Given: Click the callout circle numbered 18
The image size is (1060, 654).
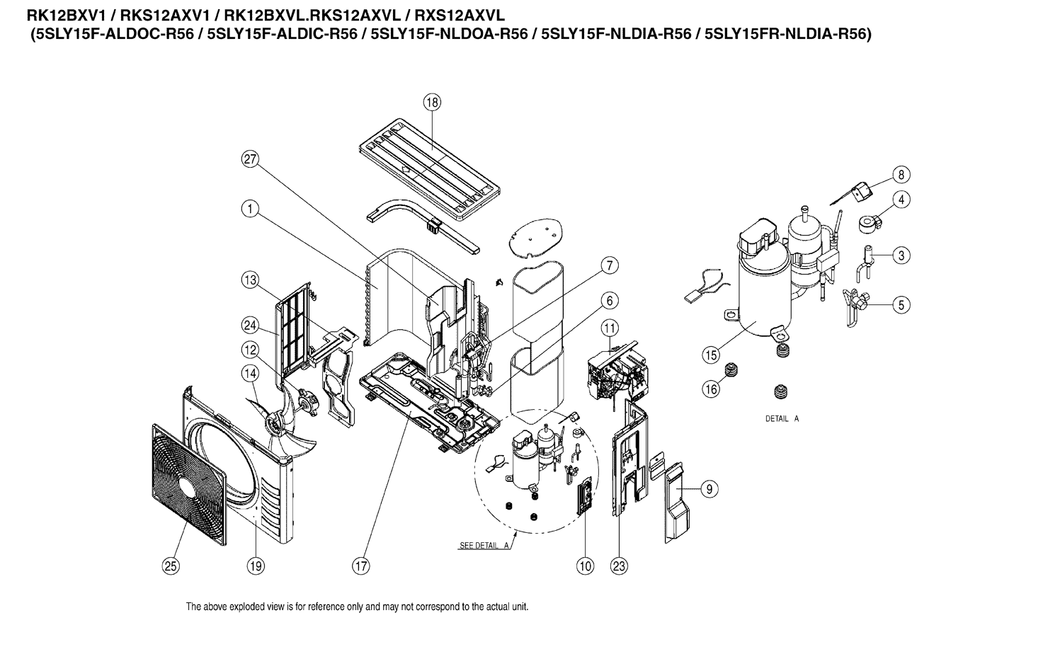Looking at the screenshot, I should coord(432,103).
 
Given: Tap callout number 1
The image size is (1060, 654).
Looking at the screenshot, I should coord(249,209).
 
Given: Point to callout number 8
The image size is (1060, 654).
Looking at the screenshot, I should coord(901,174).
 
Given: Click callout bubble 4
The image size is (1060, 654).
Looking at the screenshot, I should coord(901,200).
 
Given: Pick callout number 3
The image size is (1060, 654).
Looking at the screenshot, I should coord(901,256).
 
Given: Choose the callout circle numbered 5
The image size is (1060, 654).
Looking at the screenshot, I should coord(901,305).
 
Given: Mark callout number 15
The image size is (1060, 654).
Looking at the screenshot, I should coord(712,353).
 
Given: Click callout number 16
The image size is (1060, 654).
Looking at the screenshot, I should coord(712,389).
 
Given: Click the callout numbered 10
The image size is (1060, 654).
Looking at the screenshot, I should coord(585,566).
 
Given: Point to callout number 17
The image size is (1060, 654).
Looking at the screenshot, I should coord(361,566).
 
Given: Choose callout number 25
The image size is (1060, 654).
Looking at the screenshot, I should coord(171,566).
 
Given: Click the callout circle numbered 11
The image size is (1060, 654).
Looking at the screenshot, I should coord(610,328).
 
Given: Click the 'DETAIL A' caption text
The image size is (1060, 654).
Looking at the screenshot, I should coord(782,419).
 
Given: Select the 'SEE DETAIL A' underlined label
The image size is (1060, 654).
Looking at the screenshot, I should coord(485,546).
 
